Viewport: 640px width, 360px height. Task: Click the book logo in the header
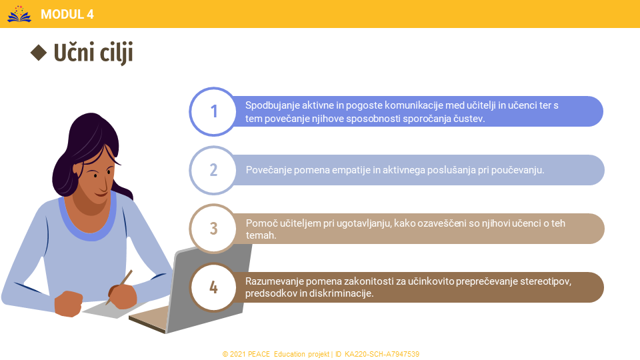19,14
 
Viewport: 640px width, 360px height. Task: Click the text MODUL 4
67,14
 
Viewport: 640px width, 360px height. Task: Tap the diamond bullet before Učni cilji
39,53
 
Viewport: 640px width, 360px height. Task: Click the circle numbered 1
213,111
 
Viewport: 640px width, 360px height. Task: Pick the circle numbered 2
213,170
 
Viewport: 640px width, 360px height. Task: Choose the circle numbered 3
213,229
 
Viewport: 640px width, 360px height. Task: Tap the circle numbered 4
213,287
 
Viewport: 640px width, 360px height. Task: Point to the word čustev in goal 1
471,119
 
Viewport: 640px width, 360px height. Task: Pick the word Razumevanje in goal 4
274,281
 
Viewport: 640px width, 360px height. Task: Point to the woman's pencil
119,287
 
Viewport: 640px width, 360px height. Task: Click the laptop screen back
209,287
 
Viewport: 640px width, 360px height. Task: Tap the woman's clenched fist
68,304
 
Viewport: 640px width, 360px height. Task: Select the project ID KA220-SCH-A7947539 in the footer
381,354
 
